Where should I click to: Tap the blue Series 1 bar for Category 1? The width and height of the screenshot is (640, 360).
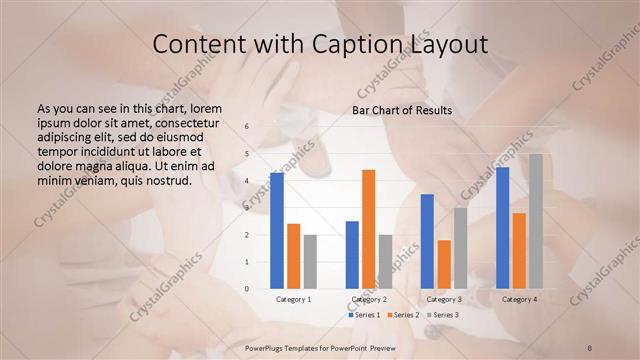point(277,230)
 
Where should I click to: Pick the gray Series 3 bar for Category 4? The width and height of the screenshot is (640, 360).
point(536,221)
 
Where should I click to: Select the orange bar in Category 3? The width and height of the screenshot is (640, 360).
point(444,264)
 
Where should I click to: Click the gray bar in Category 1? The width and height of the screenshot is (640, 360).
point(310,261)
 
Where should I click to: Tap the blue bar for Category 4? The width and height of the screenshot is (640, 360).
point(502,227)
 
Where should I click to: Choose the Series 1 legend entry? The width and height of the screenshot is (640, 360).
point(365,315)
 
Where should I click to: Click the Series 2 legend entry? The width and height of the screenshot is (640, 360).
point(403,315)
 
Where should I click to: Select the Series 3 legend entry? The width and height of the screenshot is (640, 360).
point(443,315)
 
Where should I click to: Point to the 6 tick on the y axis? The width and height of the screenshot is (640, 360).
point(247,126)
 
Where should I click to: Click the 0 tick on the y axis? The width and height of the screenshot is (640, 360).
point(247,289)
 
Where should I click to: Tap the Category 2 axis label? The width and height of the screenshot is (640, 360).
point(369,299)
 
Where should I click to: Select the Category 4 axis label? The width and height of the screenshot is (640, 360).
point(519,299)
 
